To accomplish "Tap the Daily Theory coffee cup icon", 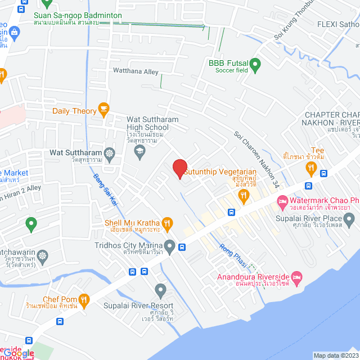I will [103, 110].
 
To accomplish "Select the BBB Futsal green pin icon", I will [255, 65].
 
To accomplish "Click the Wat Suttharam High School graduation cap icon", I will [140, 152].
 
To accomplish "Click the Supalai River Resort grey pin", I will [161, 290].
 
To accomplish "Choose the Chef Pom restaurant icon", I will [84, 299].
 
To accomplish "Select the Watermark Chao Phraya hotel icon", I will [282, 201].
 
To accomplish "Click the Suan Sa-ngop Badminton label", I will [78, 15].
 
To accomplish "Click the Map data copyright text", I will [336, 355].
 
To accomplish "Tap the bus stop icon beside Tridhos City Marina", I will [182, 246].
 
